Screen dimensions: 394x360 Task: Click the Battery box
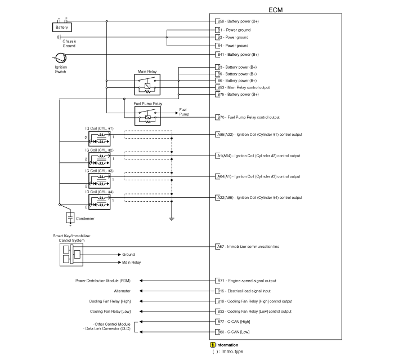tap(62, 27)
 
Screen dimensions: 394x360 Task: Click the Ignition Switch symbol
tap(61, 58)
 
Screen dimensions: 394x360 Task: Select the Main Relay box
tap(147, 85)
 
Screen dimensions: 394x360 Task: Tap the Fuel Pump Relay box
tap(147, 115)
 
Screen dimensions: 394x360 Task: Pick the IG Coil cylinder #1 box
tap(100, 139)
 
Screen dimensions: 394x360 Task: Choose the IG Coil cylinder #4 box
tap(100, 202)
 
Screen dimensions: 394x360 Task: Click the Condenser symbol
tap(70, 218)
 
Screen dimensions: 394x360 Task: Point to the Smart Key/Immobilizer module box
tap(71, 255)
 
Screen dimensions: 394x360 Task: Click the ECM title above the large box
tap(276, 10)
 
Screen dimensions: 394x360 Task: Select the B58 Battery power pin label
tap(238, 21)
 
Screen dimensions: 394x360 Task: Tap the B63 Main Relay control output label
tap(244, 87)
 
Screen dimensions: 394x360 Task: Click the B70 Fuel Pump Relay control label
tap(249, 117)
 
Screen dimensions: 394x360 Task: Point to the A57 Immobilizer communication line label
tap(248, 247)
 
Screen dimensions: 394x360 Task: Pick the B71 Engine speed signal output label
tap(247, 281)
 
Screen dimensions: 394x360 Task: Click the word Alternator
tap(122, 291)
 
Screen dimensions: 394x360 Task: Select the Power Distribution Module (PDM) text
tap(103, 281)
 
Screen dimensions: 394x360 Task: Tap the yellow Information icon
tap(213, 345)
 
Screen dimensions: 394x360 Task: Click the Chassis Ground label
tap(69, 43)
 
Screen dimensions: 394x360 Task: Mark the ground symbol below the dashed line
tap(172, 219)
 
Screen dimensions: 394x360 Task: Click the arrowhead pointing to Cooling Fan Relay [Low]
tap(141, 311)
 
